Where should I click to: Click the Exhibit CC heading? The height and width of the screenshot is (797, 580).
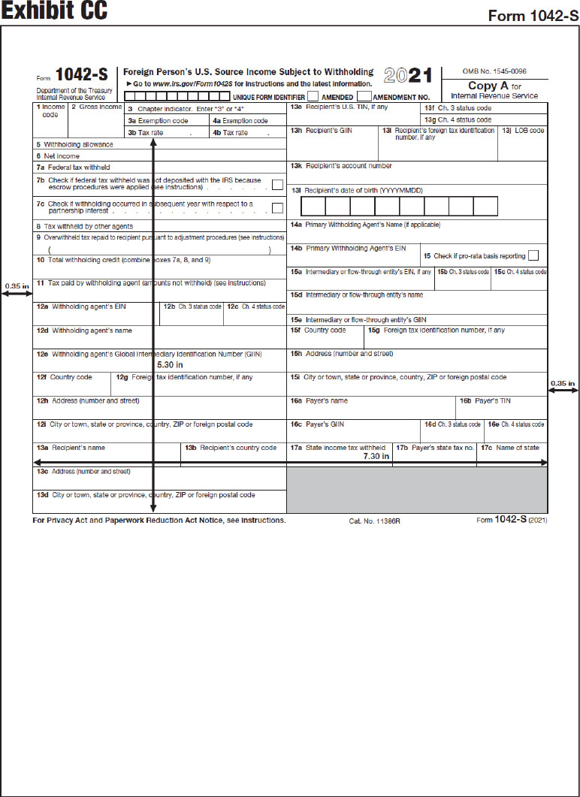coord(54,11)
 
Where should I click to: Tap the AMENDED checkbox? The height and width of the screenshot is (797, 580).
coord(313,96)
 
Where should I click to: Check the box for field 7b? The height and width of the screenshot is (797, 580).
coord(277,185)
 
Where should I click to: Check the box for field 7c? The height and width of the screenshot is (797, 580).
coord(277,208)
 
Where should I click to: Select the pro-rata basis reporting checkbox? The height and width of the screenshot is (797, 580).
coord(533,256)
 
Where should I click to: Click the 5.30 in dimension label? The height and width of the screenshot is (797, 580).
coord(169,364)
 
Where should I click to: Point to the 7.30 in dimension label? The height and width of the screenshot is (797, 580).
coord(376,456)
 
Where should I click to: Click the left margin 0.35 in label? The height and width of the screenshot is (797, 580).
coord(17,285)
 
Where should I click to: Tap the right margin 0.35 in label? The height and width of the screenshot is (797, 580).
coord(563,384)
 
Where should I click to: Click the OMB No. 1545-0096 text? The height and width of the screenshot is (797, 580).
coord(494,71)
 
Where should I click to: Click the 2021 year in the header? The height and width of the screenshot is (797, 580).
coord(408,76)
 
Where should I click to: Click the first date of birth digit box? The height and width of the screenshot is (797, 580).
coord(314,207)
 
